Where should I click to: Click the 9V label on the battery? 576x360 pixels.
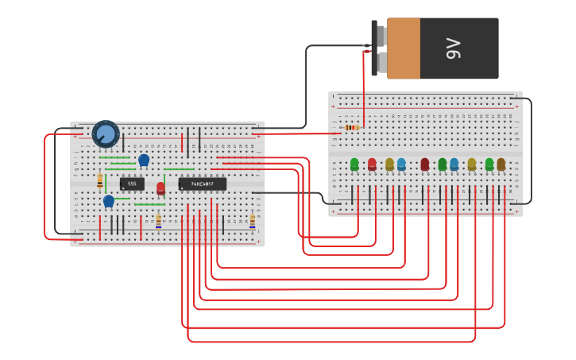[x=454, y=48]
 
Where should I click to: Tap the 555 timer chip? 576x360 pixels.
[x=132, y=184]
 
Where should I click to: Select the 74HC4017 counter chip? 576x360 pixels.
[x=202, y=184]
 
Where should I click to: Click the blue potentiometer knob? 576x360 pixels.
[x=105, y=133]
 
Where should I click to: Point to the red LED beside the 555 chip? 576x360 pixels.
[x=160, y=188]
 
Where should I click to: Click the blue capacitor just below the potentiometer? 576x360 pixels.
[x=144, y=161]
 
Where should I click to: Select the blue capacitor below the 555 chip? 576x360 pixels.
[x=109, y=201]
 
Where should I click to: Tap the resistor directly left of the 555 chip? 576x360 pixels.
[x=99, y=180]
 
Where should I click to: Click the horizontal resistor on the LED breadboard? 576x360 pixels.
[x=352, y=127]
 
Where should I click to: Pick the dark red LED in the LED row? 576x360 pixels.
[x=424, y=164]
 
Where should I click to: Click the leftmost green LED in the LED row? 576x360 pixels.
[x=354, y=165]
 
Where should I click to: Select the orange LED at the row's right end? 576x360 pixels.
[x=501, y=165]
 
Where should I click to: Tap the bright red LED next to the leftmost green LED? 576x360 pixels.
[x=372, y=165]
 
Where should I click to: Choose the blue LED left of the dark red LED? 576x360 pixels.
[x=401, y=165]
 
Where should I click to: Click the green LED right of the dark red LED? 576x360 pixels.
[x=443, y=165]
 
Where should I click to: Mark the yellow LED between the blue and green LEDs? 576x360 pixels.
[x=471, y=165]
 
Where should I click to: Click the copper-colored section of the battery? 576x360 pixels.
[x=404, y=48]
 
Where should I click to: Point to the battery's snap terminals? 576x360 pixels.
[x=379, y=48]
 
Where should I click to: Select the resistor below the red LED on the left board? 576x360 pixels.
[x=158, y=220]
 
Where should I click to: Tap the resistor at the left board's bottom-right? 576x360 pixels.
[x=253, y=220]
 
